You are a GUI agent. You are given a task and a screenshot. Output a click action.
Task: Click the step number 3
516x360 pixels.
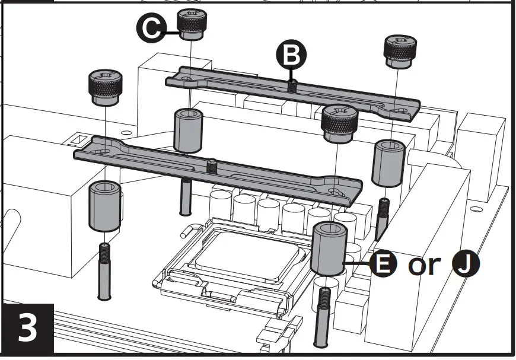(x=27, y=330)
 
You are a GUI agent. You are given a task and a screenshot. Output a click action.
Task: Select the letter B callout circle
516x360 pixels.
(x=292, y=55)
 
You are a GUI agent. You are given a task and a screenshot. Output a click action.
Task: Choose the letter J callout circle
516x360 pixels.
(x=466, y=265)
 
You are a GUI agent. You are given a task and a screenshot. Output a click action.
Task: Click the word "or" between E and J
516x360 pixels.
(x=424, y=266)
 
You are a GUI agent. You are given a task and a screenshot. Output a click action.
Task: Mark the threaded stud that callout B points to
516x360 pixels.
(x=291, y=85)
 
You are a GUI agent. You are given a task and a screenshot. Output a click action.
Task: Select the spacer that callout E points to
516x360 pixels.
(x=328, y=249)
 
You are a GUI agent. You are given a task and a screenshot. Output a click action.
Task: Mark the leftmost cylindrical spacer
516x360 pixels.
(x=104, y=206)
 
